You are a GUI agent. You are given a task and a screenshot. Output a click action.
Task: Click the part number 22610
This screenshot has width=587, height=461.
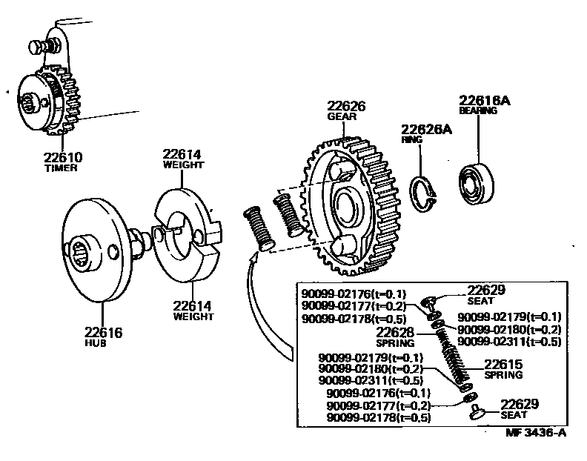click(x=62, y=157)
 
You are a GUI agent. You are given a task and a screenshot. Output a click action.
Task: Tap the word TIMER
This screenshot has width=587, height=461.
click(x=61, y=168)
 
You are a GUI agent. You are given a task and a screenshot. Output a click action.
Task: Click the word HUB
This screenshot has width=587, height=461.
click(x=102, y=344)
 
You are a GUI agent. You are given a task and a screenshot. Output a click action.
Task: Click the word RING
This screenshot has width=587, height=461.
click(x=412, y=139)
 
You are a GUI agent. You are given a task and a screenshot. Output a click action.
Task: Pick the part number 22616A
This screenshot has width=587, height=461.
click(x=485, y=100)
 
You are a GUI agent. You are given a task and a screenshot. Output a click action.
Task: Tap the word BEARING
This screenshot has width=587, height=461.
click(x=477, y=111)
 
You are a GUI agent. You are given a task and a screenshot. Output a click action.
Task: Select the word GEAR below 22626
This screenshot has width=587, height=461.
click(x=339, y=117)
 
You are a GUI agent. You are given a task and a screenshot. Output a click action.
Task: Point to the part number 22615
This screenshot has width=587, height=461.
click(x=504, y=364)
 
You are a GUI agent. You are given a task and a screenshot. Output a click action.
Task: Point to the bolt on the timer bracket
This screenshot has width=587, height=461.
click(x=38, y=46)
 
